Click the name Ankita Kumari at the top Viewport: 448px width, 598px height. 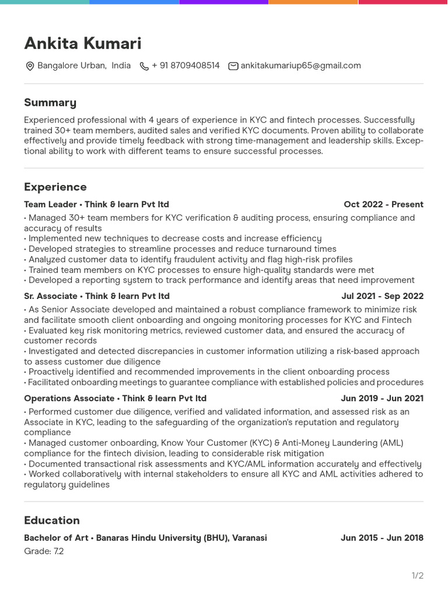(82, 44)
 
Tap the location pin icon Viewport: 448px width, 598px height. (30, 67)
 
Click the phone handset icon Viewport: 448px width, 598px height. (144, 67)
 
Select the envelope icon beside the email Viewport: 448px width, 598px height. (233, 67)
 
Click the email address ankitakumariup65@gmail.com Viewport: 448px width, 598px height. (300, 66)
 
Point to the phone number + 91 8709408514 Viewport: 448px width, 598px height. (185, 66)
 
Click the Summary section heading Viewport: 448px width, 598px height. (50, 103)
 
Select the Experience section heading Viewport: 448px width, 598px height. (55, 187)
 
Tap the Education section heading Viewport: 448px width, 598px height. (52, 520)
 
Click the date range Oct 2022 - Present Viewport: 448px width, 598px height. (383, 204)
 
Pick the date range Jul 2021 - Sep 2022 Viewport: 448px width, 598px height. (382, 296)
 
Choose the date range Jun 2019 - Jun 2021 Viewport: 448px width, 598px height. (382, 398)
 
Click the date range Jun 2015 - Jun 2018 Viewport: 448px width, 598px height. (381, 538)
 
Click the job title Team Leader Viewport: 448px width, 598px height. (50, 204)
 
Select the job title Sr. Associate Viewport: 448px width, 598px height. (51, 296)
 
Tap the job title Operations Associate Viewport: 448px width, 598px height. (69, 398)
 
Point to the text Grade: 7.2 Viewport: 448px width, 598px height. (44, 551)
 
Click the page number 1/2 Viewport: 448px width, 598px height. (417, 576)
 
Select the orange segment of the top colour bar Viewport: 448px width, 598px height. (313, 2)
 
